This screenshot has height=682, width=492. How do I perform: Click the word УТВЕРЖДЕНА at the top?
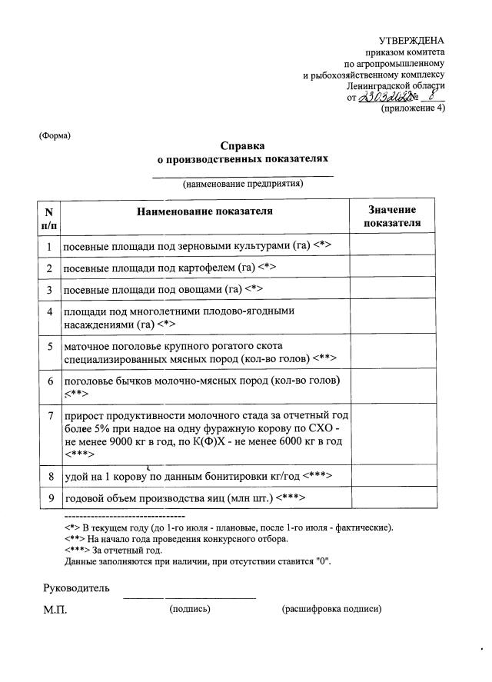click(x=411, y=41)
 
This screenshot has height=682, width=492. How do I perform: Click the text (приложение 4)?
click(x=413, y=108)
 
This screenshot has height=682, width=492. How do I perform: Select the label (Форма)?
click(x=55, y=136)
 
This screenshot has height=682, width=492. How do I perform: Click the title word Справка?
click(x=242, y=145)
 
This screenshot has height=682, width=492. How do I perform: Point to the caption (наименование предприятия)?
click(x=242, y=184)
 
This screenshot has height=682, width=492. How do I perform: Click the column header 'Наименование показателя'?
click(x=204, y=211)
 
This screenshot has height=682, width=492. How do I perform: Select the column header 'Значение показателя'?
click(x=392, y=216)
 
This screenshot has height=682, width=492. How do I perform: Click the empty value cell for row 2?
click(x=392, y=268)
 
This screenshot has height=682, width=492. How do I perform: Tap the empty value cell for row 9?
click(x=392, y=498)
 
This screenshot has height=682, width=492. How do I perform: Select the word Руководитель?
click(x=76, y=588)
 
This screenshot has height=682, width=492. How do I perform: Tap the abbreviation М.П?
click(x=55, y=609)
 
